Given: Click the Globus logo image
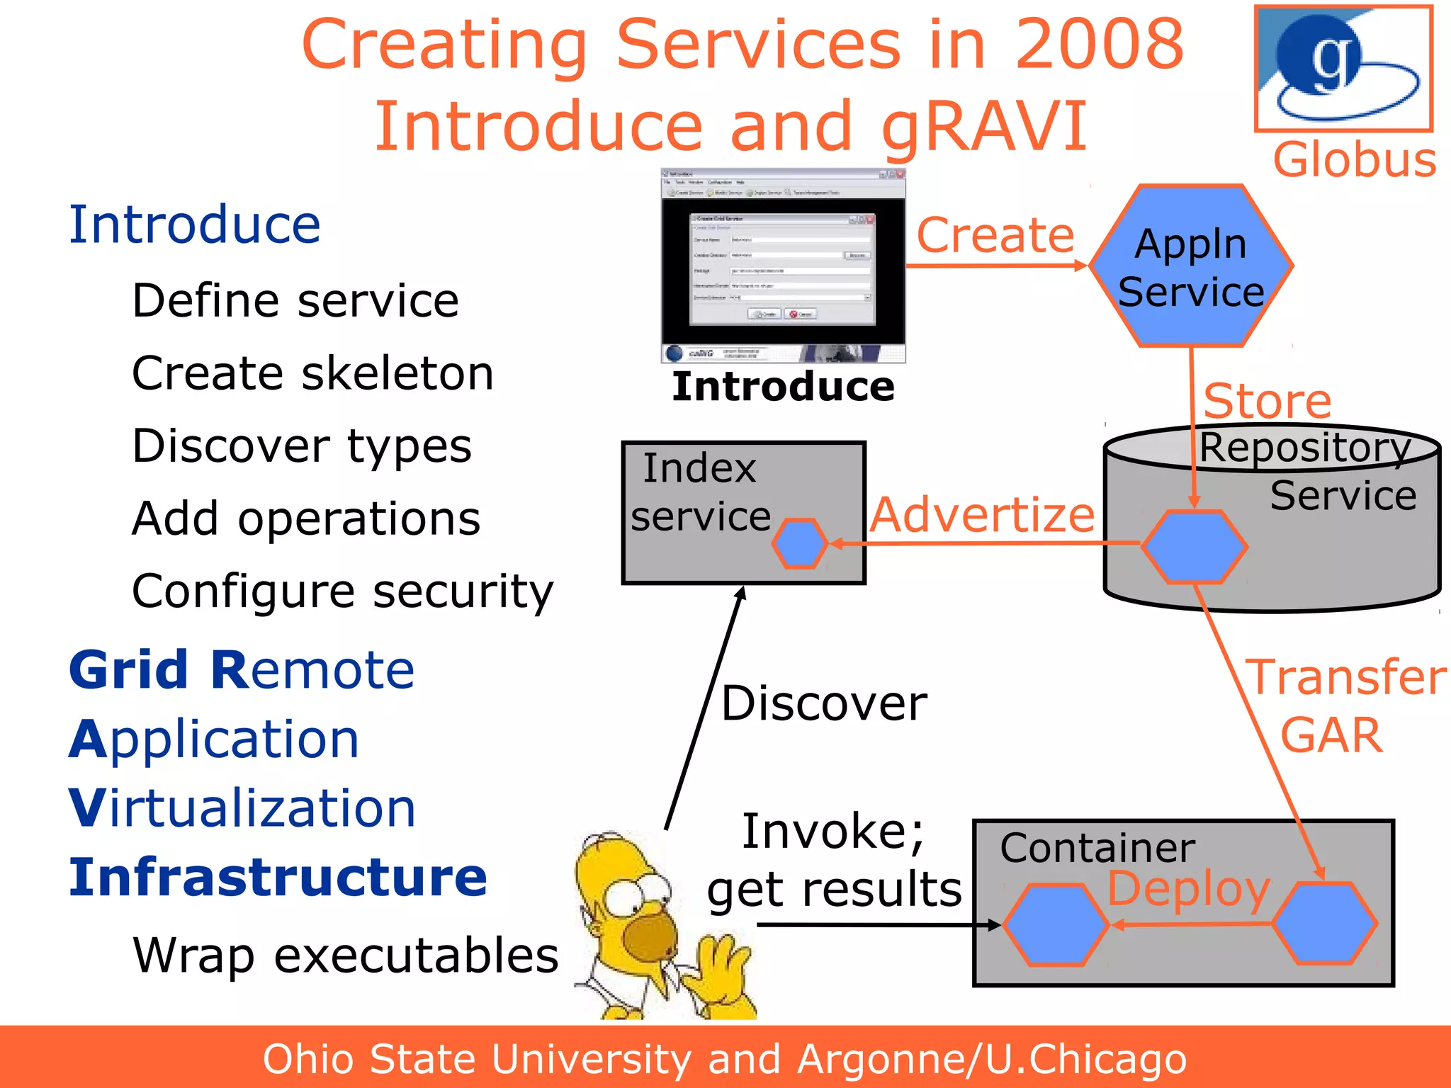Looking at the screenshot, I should click(1343, 69).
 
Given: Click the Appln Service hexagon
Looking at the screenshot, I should click(1191, 266).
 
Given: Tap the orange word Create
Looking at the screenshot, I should click(995, 235).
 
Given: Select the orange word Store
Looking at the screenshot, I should click(1267, 401).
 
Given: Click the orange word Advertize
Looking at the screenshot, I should click(982, 515).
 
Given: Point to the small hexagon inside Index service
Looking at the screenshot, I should click(799, 543).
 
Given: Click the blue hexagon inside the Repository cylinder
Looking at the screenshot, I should click(1194, 546).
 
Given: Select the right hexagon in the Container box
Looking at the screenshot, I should click(1323, 923).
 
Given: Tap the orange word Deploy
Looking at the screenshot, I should click(1188, 888).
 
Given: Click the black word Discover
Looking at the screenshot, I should click(824, 703).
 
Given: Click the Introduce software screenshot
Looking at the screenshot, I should click(783, 266).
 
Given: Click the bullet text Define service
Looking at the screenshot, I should click(295, 301).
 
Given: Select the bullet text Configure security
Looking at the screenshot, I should click(342, 591).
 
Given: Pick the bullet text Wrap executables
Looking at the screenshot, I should click(345, 956).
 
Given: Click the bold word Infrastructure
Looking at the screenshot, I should click(278, 877).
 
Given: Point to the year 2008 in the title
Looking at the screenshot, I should click(1099, 45).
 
